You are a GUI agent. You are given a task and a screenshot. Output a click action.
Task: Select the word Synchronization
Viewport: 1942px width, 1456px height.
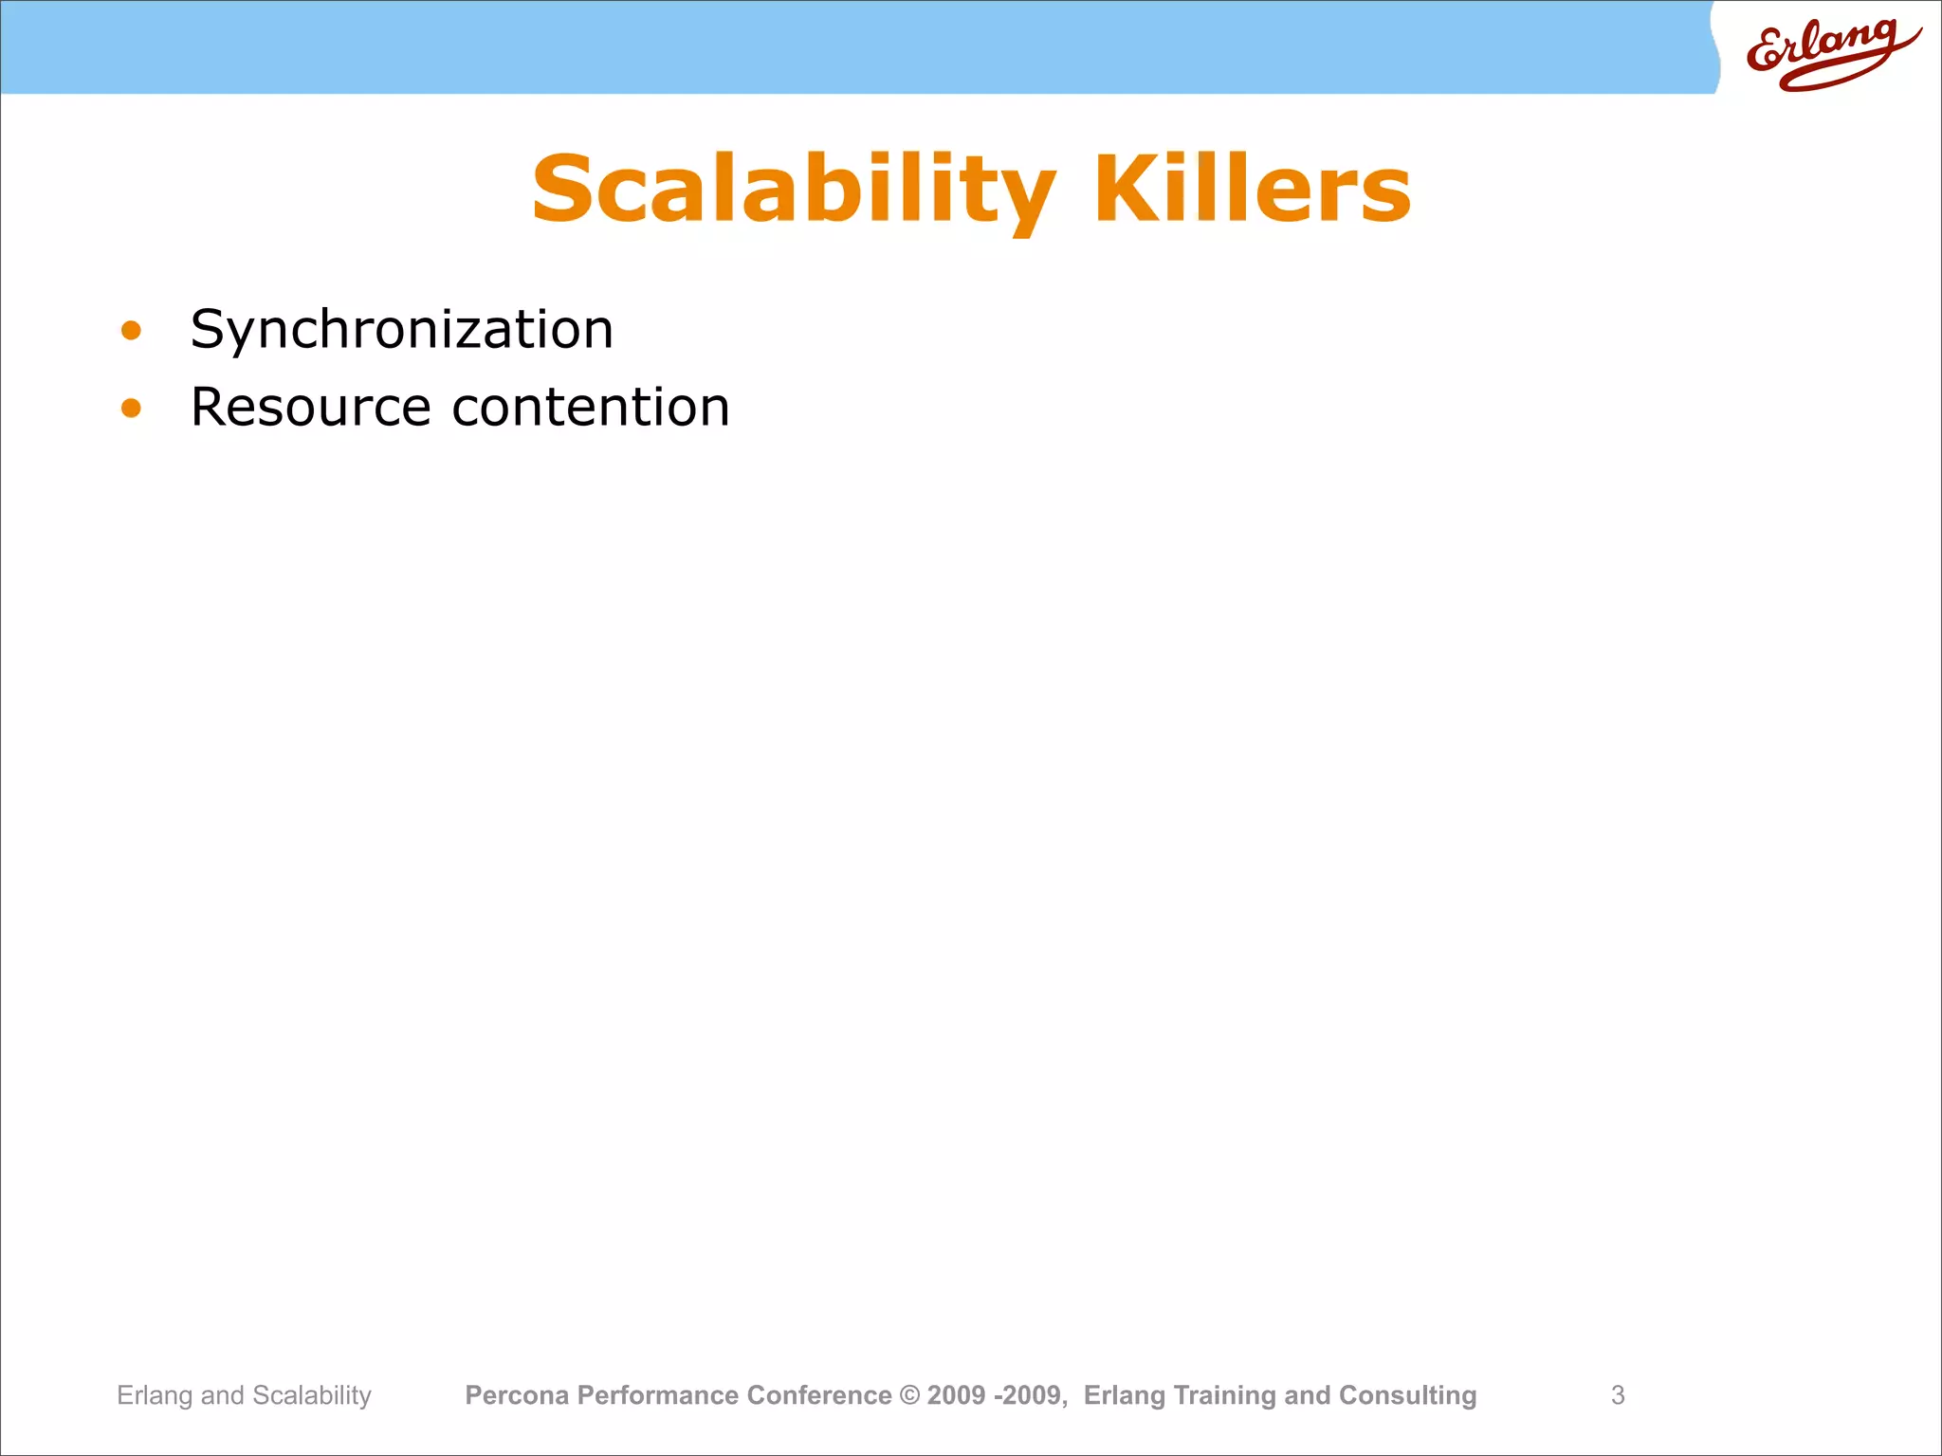(402, 330)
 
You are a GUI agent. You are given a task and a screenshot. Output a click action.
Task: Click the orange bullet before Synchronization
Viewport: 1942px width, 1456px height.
(131, 331)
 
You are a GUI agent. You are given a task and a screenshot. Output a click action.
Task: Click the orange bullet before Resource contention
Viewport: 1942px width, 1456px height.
(131, 409)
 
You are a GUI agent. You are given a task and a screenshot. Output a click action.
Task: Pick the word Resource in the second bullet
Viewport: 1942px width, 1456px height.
(311, 408)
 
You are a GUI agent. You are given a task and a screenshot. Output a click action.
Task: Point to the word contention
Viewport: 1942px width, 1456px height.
(591, 408)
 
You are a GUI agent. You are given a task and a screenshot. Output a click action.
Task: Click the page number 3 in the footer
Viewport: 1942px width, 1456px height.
(1618, 1395)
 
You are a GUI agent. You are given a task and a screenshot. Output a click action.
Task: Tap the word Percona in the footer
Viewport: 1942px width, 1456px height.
(517, 1395)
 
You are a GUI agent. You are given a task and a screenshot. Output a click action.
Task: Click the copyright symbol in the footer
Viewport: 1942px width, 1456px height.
(909, 1395)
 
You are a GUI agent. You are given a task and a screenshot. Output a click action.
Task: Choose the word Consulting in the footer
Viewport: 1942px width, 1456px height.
(1407, 1395)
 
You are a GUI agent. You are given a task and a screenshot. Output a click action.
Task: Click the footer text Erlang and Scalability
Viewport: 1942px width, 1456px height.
(244, 1395)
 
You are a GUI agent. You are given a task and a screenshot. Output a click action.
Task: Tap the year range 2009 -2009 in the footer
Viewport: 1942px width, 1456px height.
(996, 1395)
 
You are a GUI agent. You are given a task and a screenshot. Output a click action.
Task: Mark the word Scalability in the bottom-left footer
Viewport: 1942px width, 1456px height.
(312, 1395)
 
